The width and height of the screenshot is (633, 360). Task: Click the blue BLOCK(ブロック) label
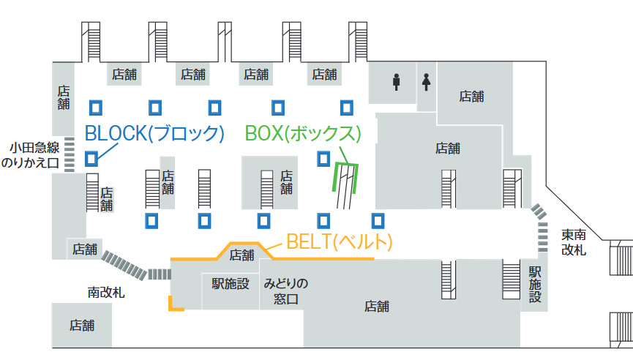pyautogui.click(x=154, y=133)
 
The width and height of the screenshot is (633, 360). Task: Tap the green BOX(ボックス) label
pyautogui.click(x=304, y=133)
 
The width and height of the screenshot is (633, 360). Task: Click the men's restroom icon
pyautogui.click(x=396, y=82)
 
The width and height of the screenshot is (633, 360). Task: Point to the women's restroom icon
pyautogui.click(x=427, y=82)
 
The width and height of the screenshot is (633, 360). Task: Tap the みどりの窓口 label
pyautogui.click(x=286, y=291)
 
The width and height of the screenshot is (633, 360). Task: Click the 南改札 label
pyautogui.click(x=106, y=292)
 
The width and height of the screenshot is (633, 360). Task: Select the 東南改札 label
pyautogui.click(x=574, y=242)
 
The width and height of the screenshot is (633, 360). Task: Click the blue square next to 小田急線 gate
pyautogui.click(x=91, y=158)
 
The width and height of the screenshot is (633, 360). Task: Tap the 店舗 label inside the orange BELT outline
pyautogui.click(x=241, y=255)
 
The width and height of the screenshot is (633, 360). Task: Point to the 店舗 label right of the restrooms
pyautogui.click(x=471, y=96)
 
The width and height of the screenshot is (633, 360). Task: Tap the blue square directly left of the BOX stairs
pyautogui.click(x=323, y=158)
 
